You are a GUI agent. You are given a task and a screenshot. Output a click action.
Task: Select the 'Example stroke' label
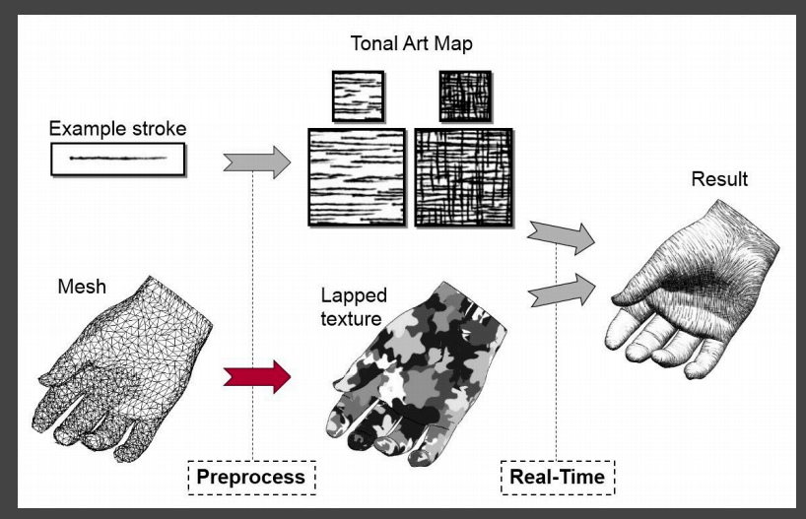click(117, 129)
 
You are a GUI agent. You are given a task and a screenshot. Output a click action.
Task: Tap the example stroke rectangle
click(117, 159)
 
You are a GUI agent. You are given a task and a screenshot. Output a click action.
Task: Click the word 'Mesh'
click(82, 288)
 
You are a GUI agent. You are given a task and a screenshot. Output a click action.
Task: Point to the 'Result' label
click(719, 179)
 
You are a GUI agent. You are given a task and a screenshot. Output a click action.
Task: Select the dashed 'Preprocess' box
click(252, 478)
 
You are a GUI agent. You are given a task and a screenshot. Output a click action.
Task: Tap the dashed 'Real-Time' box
click(557, 478)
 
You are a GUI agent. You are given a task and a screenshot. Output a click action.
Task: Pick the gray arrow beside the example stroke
click(257, 161)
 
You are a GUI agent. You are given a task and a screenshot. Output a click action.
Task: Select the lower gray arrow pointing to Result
click(562, 290)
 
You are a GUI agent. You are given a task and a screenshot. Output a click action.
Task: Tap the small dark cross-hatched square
click(465, 96)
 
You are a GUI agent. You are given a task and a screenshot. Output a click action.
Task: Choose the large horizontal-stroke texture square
click(357, 177)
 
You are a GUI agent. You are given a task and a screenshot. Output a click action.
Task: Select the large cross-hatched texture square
click(464, 177)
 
